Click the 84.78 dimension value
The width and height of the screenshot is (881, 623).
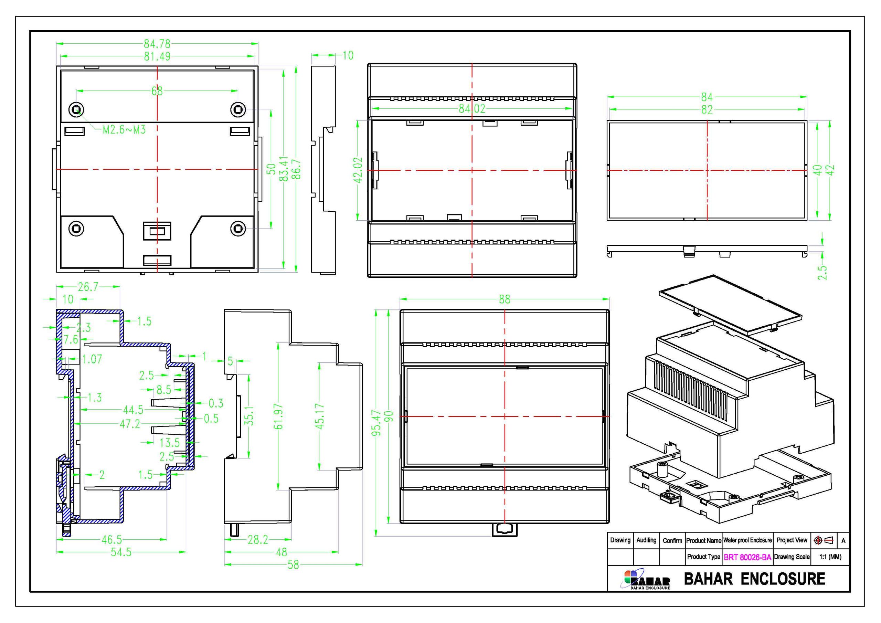157,44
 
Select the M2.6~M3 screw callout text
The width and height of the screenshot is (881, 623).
124,130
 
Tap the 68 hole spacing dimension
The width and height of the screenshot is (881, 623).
157,91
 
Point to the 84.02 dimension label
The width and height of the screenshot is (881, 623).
472,109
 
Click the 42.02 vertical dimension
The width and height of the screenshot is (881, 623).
358,170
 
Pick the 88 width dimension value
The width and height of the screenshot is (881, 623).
505,299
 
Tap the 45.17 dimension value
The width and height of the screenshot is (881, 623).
320,416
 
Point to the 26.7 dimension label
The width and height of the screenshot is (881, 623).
88,287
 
